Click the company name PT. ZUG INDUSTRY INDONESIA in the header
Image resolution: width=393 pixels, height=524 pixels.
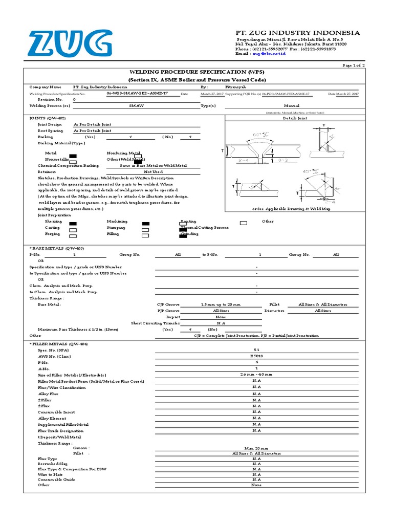point(297,33)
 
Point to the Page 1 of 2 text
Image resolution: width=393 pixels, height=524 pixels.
point(353,66)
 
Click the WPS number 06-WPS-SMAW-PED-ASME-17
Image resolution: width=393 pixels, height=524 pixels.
point(137,94)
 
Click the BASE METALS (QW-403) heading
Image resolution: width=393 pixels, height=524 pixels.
point(57,248)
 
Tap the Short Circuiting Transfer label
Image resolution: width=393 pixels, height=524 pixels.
point(156,323)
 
